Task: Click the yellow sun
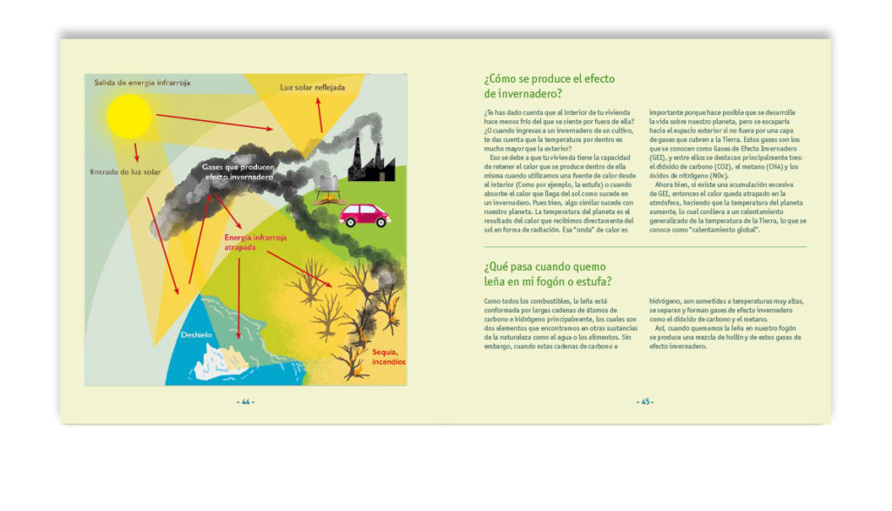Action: [x=129, y=116]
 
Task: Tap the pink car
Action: [x=363, y=214]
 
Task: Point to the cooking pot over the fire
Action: [x=329, y=183]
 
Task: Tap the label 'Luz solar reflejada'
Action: [x=312, y=88]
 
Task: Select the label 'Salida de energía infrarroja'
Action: [x=142, y=83]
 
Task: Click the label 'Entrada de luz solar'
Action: [x=125, y=172]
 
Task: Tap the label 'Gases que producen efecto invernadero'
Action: [x=238, y=171]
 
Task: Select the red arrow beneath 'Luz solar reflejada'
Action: [x=319, y=113]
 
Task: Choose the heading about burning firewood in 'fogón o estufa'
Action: [x=547, y=273]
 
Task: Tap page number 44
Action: [x=246, y=402]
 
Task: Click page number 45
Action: [x=645, y=402]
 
